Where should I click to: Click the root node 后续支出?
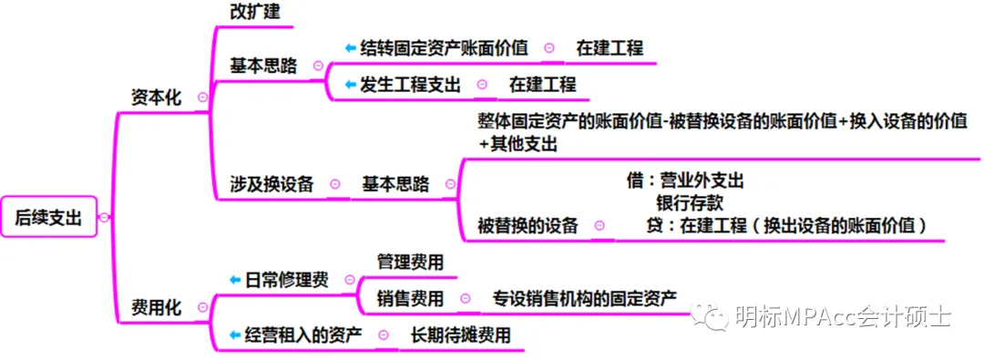point(48,217)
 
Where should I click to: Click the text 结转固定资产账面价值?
point(444,47)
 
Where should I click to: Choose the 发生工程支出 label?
point(410,85)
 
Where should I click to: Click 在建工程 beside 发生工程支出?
point(542,85)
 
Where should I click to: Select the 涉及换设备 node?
point(272,184)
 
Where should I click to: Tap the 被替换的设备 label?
point(528,226)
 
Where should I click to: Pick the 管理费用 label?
point(410,262)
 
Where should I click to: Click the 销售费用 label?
point(410,298)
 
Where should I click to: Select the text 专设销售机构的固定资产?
point(584,298)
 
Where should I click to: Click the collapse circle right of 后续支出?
point(104,217)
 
